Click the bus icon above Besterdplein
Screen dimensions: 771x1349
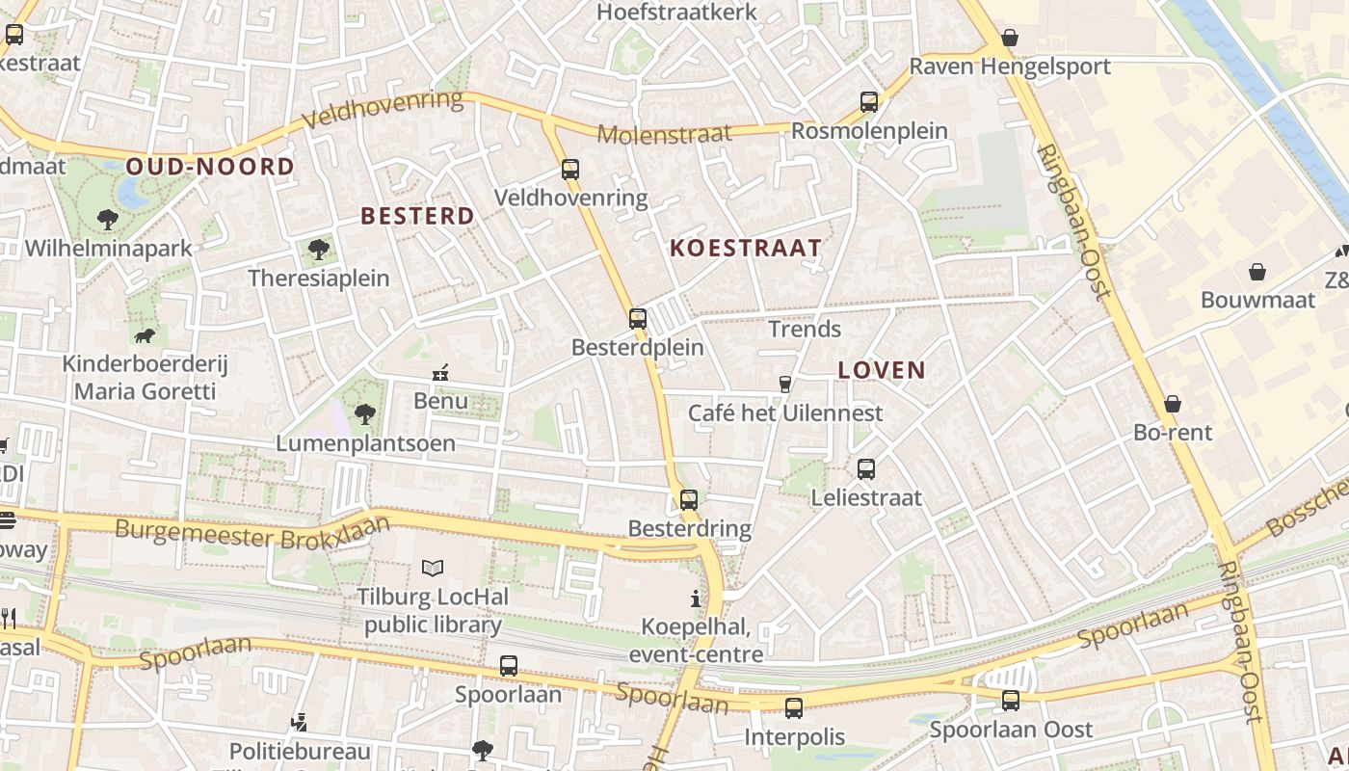pos(637,318)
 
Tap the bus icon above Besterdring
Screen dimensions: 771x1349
pos(688,499)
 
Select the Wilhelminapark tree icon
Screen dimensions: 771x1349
pos(108,220)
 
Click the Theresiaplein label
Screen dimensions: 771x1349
pos(319,279)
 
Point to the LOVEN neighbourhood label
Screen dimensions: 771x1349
pos(882,370)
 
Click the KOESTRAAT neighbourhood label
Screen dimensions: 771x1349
pos(746,249)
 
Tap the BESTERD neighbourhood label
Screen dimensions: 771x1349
pos(418,216)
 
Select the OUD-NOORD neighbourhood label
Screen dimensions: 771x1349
pos(210,167)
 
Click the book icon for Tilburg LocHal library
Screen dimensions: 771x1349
pos(433,569)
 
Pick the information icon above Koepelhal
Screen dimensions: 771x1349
pos(696,598)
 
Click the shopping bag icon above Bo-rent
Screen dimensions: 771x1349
pos(1173,404)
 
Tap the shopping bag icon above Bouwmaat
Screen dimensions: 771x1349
pos(1256,272)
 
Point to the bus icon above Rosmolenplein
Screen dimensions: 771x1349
pos(868,101)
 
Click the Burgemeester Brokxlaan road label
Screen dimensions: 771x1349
pos(252,532)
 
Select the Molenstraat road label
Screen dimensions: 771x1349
pos(664,134)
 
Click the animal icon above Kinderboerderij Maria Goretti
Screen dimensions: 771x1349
pos(145,335)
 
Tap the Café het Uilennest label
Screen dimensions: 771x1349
pos(785,413)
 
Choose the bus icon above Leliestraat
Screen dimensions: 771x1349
pos(866,469)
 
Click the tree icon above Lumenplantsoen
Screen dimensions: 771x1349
pos(364,414)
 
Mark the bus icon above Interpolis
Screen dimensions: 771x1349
pos(793,708)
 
